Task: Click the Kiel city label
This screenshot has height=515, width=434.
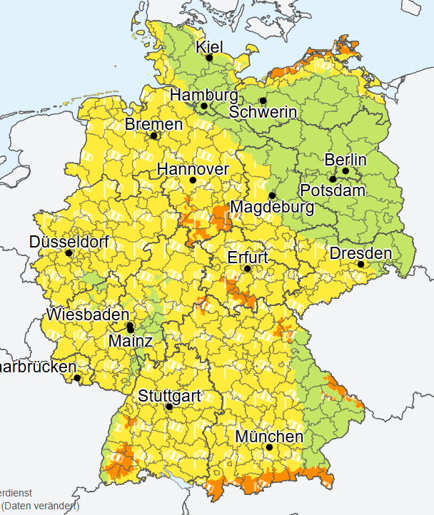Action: point(210,46)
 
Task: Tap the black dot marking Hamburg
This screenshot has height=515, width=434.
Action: point(203,106)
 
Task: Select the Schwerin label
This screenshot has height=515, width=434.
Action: point(263,112)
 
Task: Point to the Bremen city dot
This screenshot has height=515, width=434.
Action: point(153,136)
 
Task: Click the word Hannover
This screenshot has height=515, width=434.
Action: point(193,169)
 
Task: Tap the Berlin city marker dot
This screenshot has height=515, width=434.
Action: point(345,170)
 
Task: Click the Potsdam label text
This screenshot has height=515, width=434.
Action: point(333,191)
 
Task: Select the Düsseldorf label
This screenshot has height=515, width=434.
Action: point(69,242)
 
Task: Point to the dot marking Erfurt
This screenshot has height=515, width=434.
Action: point(247,269)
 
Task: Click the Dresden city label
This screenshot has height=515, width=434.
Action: point(360,253)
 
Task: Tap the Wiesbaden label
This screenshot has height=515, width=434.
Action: point(88,314)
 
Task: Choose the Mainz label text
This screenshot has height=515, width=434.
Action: point(130,341)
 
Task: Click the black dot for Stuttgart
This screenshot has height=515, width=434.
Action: point(169,407)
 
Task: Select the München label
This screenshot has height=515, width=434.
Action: point(269,436)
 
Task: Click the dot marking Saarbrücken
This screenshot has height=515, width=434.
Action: point(77,378)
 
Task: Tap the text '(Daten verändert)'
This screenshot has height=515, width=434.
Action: point(40,506)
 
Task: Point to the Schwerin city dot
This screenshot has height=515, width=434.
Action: point(263,100)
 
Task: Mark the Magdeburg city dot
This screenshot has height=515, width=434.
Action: point(272,195)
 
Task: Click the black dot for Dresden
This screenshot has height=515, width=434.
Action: point(361,264)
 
